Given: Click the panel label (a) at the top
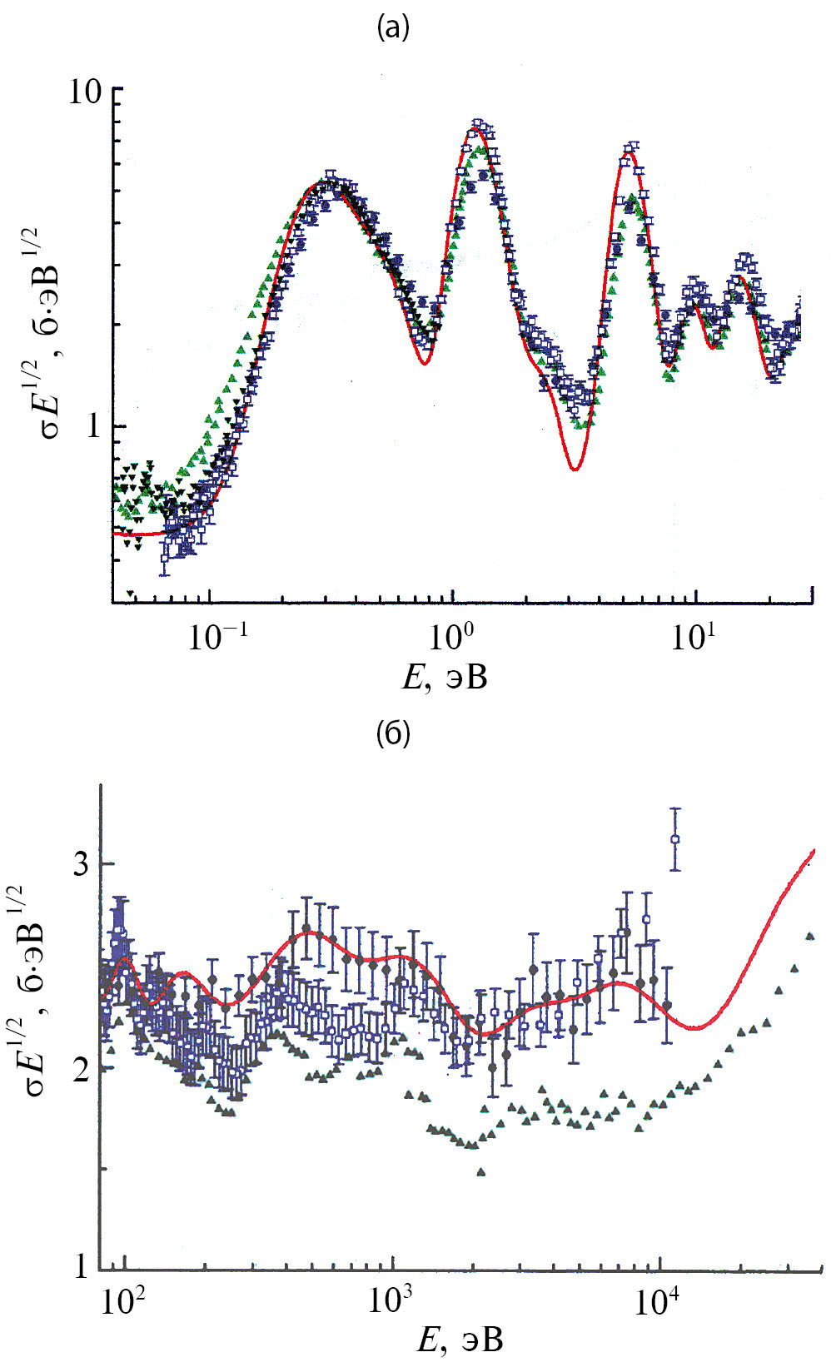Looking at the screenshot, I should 393,29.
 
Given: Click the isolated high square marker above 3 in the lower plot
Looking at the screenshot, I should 675,839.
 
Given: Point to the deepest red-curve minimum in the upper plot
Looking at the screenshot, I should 575,469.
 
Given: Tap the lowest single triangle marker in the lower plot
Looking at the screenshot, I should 481,1172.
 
